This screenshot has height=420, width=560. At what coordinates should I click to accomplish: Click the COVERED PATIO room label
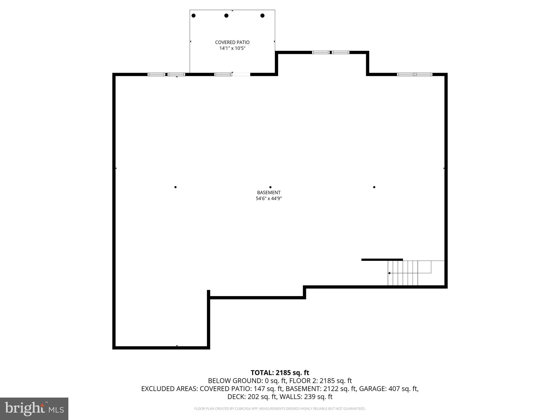[232, 42]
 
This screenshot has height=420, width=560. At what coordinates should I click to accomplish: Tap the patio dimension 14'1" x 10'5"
[232, 48]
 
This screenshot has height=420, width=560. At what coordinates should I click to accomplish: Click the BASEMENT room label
[269, 192]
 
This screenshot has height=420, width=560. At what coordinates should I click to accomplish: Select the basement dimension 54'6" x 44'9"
[269, 199]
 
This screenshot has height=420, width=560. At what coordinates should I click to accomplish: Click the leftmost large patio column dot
[194, 16]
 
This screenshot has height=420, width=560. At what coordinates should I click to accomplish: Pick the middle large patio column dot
[226, 16]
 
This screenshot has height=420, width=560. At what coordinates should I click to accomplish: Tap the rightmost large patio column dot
[262, 16]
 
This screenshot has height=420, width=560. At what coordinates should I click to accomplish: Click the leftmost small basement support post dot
[175, 187]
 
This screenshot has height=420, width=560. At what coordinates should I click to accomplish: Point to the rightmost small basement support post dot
[374, 187]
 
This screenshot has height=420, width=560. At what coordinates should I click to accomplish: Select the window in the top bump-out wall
[331, 52]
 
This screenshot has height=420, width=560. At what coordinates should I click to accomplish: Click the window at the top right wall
[415, 74]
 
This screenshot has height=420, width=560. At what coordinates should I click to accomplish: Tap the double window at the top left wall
[166, 74]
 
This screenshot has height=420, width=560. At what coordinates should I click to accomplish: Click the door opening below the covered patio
[241, 74]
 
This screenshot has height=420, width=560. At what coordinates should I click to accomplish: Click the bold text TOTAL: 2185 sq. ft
[280, 373]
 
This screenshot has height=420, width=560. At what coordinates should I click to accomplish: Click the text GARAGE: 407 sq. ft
[389, 389]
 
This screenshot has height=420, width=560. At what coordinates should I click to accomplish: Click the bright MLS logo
[34, 409]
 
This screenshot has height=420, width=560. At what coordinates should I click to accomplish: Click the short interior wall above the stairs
[382, 259]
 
